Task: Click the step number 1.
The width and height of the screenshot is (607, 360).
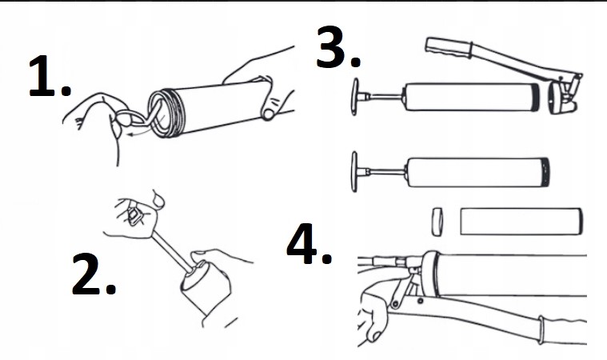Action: [48, 78]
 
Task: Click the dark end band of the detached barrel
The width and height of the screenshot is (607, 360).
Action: [546, 172]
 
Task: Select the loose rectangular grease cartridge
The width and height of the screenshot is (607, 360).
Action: [520, 220]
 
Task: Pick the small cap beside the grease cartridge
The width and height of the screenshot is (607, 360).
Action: [437, 221]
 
